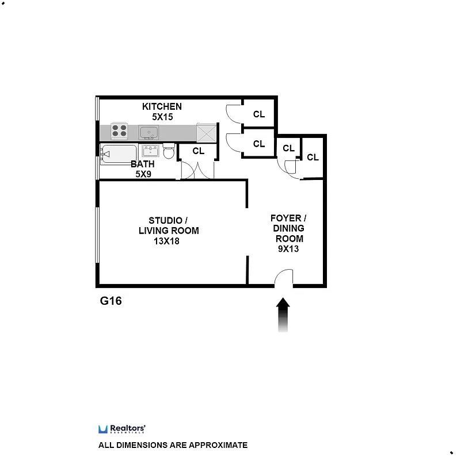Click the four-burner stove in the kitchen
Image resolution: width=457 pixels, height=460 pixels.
(119, 131)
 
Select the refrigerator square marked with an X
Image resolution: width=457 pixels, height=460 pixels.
(205, 132)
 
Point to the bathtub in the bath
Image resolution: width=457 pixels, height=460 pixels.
(119, 154)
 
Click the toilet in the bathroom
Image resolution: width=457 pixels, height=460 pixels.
(169, 152)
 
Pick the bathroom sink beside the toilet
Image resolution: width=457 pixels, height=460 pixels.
(151, 151)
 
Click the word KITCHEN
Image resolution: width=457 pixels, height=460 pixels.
(162, 106)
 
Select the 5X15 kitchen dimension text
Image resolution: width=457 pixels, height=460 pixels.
(162, 117)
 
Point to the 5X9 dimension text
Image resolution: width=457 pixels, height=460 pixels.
(143, 174)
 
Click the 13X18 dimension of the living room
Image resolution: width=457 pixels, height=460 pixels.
(166, 241)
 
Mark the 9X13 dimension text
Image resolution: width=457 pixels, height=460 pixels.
(288, 249)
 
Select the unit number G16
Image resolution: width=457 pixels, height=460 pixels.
(111, 300)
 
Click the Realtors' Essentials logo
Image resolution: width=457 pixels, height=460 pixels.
(121, 429)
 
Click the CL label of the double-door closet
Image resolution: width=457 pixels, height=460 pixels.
(199, 151)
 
